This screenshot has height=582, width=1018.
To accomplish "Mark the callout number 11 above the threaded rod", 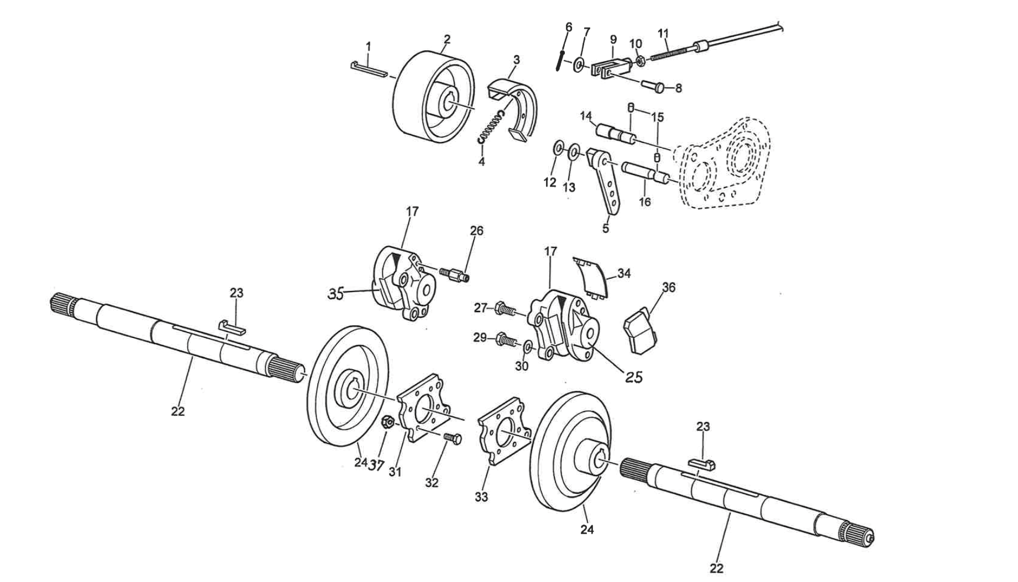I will pyautogui.click(x=664, y=33).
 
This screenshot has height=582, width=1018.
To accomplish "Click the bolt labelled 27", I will pyautogui.click(x=505, y=309).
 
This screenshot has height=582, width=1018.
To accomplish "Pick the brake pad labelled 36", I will pyautogui.click(x=641, y=332).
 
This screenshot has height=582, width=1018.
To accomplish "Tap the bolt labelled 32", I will pyautogui.click(x=452, y=438).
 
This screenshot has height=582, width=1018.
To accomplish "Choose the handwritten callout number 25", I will pyautogui.click(x=634, y=377).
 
